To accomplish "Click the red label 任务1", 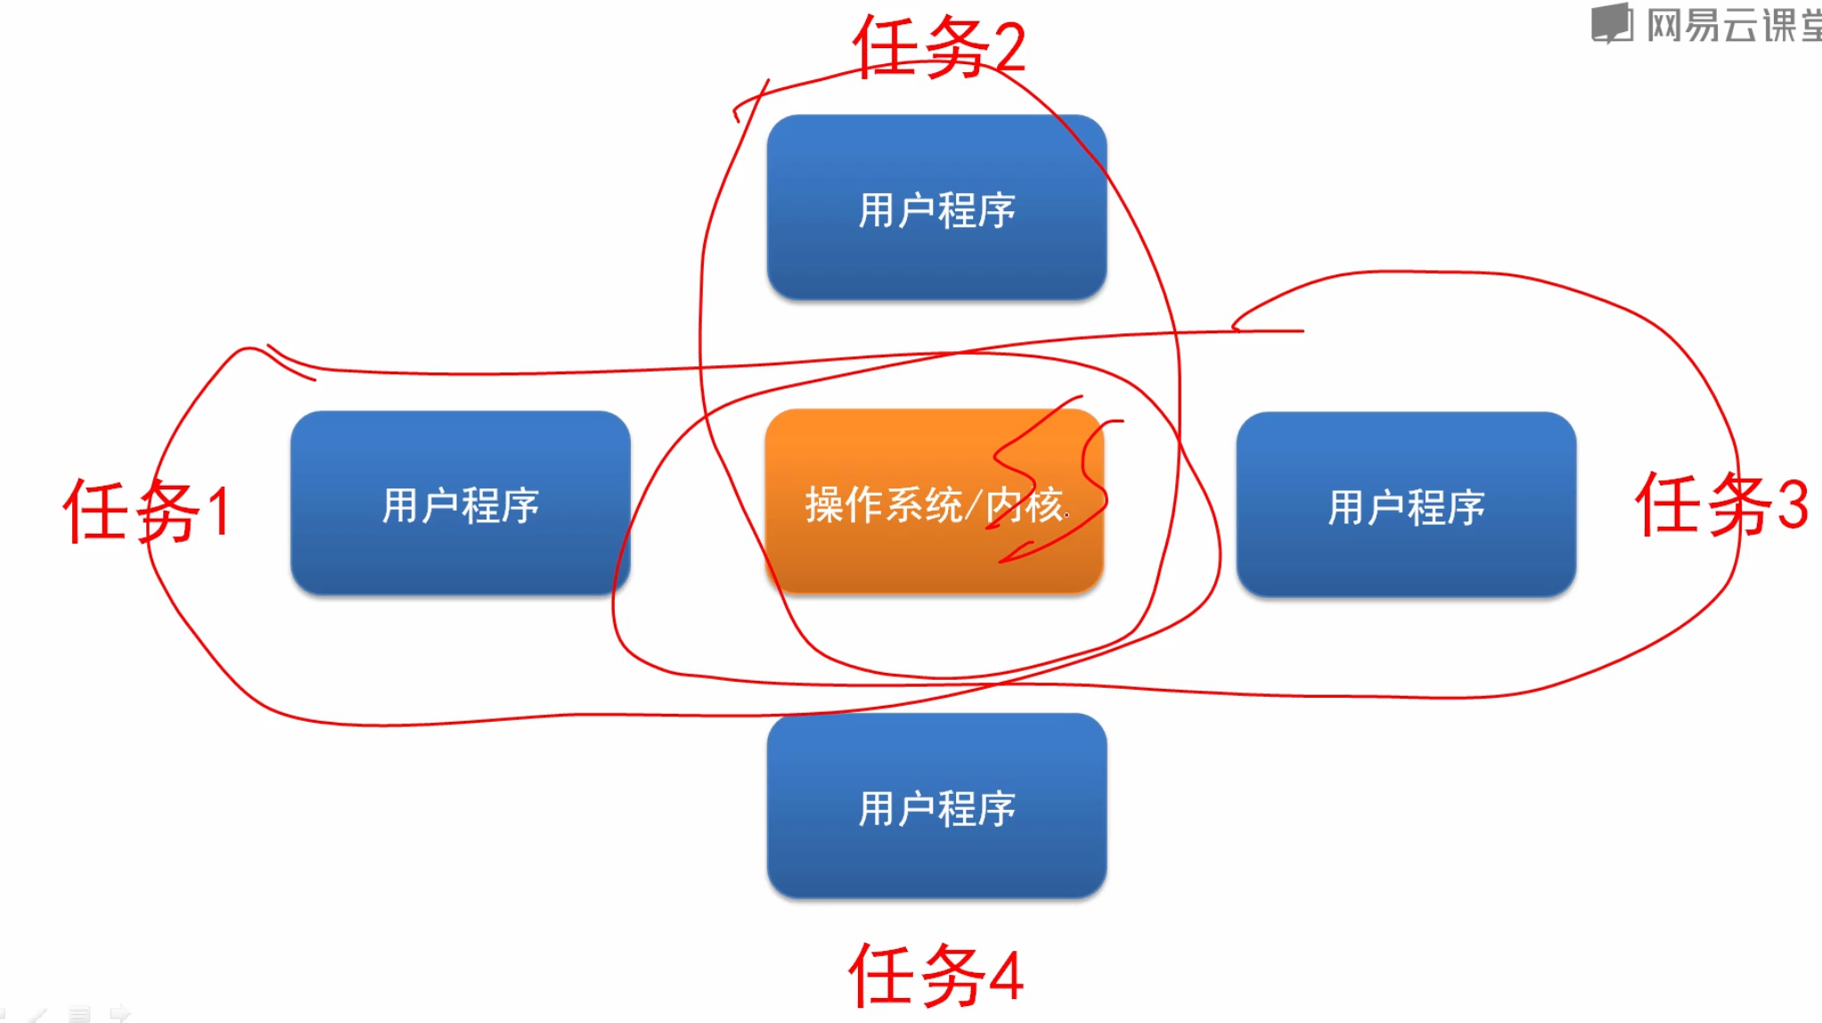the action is (x=148, y=511).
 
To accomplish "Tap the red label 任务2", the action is (x=939, y=46).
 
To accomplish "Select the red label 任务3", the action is (x=1721, y=504).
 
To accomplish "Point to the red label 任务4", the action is (x=936, y=976).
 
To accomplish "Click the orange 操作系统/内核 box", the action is (x=934, y=502).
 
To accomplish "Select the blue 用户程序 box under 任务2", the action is (x=936, y=208).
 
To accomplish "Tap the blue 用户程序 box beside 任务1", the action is (x=460, y=503).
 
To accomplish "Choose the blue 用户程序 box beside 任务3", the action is (x=1406, y=505).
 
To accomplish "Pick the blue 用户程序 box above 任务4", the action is (x=936, y=806).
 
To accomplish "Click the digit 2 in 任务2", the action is (x=1009, y=48).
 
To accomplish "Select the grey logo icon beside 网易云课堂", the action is (x=1612, y=23).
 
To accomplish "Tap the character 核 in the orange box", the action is (x=1043, y=505).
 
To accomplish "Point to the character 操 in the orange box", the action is (x=824, y=505).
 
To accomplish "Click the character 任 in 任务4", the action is (x=881, y=976).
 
